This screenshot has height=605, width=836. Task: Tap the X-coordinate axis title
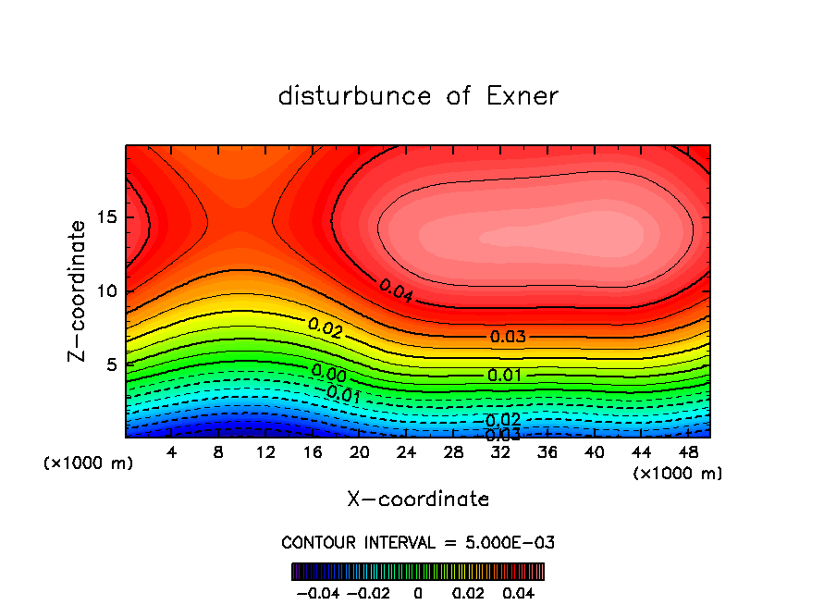pyautogui.click(x=418, y=500)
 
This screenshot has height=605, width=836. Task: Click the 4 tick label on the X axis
pyautogui.click(x=172, y=451)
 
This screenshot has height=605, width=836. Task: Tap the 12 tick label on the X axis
pyautogui.click(x=266, y=451)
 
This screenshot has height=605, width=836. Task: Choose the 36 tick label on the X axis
pyautogui.click(x=549, y=451)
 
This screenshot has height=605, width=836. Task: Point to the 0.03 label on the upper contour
pyautogui.click(x=508, y=337)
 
